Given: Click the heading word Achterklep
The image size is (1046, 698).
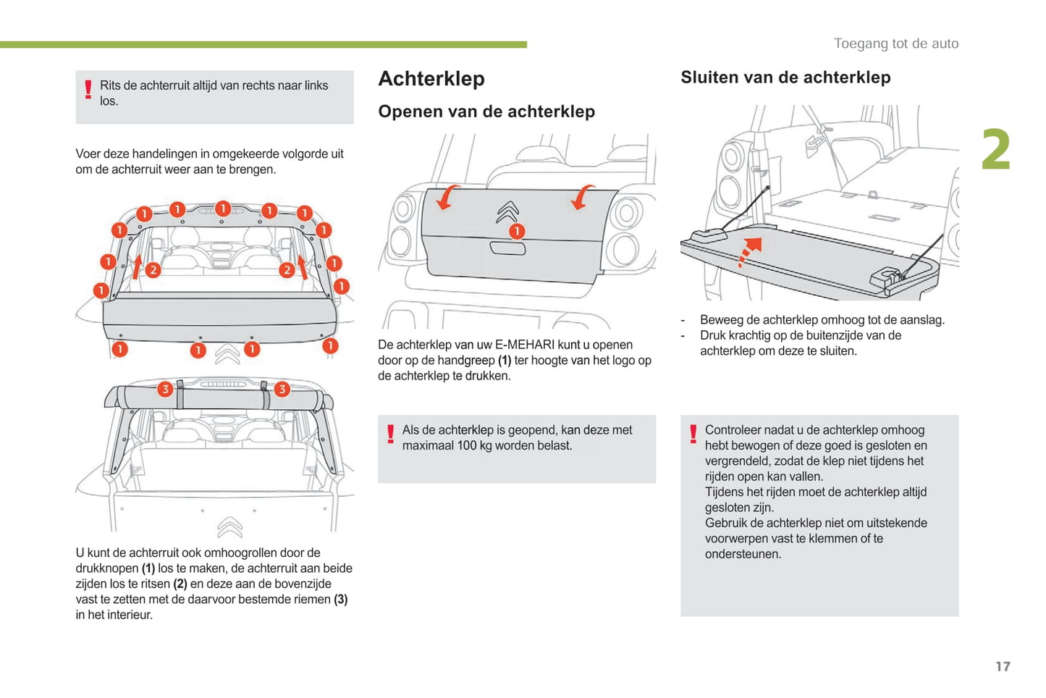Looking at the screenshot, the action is pyautogui.click(x=431, y=78).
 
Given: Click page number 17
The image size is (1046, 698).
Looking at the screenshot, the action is pyautogui.click(x=1003, y=666).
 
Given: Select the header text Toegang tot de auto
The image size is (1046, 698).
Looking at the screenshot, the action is pyautogui.click(x=896, y=43).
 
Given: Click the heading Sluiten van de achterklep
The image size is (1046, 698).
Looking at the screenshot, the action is pyautogui.click(x=785, y=77).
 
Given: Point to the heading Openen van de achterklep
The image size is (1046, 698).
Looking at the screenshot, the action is pyautogui.click(x=486, y=112).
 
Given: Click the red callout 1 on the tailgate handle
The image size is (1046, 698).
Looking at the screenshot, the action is pyautogui.click(x=517, y=231).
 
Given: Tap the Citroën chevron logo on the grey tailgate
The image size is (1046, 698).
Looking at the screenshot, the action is pyautogui.click(x=507, y=212).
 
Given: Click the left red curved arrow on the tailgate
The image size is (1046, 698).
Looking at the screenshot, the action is pyautogui.click(x=447, y=197).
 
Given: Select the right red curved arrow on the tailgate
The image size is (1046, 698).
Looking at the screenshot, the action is pyautogui.click(x=582, y=197).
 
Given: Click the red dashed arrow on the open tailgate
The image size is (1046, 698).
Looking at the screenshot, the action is pyautogui.click(x=749, y=251).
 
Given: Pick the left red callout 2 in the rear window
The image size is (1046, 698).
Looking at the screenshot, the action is pyautogui.click(x=153, y=270).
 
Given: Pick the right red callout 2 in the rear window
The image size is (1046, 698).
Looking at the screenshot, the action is pyautogui.click(x=287, y=269).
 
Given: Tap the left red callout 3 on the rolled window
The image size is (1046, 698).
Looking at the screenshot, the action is pyautogui.click(x=165, y=389).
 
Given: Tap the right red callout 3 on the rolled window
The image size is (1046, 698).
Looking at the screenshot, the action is pyautogui.click(x=282, y=389).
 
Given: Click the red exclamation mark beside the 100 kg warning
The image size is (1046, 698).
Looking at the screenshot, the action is pyautogui.click(x=391, y=434).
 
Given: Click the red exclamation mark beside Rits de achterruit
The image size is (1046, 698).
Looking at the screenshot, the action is pyautogui.click(x=88, y=90).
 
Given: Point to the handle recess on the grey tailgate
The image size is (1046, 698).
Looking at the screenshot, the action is pyautogui.click(x=507, y=248).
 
